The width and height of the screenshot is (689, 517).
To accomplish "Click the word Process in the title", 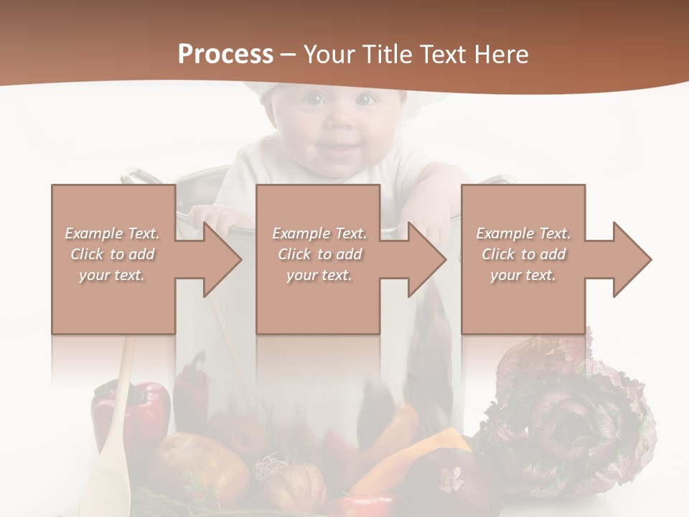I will point(225,55).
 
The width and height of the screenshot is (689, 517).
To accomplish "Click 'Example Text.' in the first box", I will point(112,233).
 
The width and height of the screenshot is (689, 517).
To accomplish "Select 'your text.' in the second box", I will point(319,275).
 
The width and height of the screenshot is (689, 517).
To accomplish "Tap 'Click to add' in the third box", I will point(523,254).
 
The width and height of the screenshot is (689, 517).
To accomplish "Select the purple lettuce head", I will point(574,409).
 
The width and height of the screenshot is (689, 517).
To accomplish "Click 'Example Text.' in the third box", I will point(523,233).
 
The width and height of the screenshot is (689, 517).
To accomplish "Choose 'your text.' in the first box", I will point(112,275).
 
